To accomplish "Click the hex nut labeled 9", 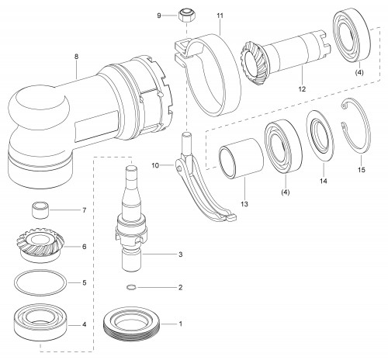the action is point(186,16).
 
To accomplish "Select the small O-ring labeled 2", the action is point(132,287).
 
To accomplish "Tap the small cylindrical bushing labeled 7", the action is point(40,210).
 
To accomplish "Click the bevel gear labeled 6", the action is point(41,245).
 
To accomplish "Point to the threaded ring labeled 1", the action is point(132,324).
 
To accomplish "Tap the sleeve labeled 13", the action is point(241,158).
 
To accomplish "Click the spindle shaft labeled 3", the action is point(131,220).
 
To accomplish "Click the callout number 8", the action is point(76,57).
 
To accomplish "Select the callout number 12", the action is point(302,89).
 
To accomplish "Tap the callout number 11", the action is point(220,16).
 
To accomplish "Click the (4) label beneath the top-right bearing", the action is point(359,73).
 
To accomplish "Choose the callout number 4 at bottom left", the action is point(84,324).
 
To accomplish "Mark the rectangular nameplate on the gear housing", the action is point(96,126).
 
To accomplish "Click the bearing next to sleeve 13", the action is point(283,146).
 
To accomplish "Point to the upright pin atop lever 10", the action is point(186,144).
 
